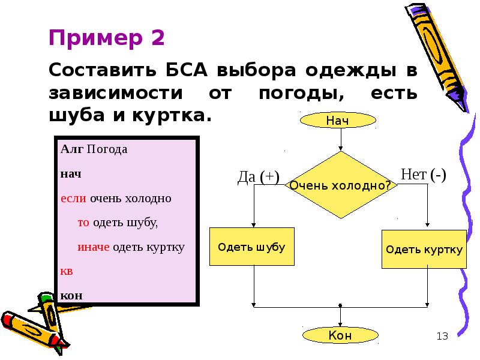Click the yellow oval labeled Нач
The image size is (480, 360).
(x=338, y=121)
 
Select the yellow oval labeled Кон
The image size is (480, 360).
(x=340, y=335)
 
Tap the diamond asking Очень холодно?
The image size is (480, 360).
(x=341, y=185)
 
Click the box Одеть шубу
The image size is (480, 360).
(x=251, y=247)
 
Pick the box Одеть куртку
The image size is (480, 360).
(x=424, y=249)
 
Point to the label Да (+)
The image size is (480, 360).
(x=259, y=177)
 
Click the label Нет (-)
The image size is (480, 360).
(x=424, y=175)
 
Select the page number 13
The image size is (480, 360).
(x=442, y=336)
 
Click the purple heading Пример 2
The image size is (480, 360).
(x=107, y=38)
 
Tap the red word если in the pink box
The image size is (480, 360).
(x=73, y=199)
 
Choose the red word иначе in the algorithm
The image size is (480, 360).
(x=93, y=247)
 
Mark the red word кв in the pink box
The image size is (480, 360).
(x=67, y=271)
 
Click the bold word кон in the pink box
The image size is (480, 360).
(x=71, y=296)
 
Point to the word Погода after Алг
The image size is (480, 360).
(x=107, y=149)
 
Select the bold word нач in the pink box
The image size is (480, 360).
(x=71, y=174)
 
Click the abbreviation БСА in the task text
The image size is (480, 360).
(x=187, y=70)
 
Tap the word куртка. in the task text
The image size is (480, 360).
(x=172, y=115)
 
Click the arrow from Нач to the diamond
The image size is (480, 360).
(x=341, y=140)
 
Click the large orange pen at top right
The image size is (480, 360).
(x=438, y=56)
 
